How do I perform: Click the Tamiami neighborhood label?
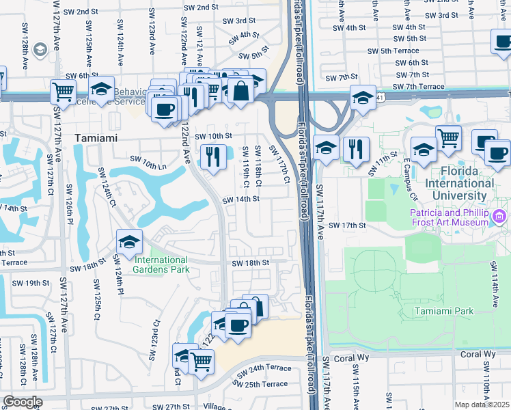[x=96, y=137]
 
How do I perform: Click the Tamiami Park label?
[x=443, y=312]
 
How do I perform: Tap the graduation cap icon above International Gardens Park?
[x=129, y=241]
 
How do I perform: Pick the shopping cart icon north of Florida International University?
[x=448, y=137]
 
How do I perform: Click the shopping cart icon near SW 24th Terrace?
[x=201, y=361]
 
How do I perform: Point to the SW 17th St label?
[x=348, y=225]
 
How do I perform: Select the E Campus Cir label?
[x=412, y=178]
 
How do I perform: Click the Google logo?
[x=23, y=401]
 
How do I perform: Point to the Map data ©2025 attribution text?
[x=481, y=405]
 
